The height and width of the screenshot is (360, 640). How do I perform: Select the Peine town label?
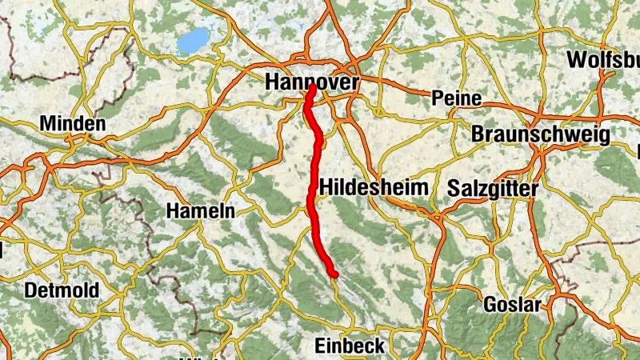click(x=456, y=98)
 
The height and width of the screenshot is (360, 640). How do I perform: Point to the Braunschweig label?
click(x=541, y=134)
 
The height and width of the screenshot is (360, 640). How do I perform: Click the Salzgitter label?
click(x=493, y=188)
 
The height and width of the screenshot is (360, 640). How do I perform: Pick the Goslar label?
click(x=513, y=305)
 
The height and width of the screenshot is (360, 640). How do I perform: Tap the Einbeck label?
click(x=350, y=346)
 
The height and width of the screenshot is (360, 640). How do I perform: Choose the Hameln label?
click(x=200, y=211)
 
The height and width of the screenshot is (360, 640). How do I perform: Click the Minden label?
click(x=73, y=125)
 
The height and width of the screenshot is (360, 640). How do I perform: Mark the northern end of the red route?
click(x=310, y=90)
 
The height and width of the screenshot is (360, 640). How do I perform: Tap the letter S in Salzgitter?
click(x=454, y=188)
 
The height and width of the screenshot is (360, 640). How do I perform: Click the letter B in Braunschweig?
click(x=478, y=134)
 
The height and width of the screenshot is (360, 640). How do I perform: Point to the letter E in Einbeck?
click(x=319, y=346)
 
